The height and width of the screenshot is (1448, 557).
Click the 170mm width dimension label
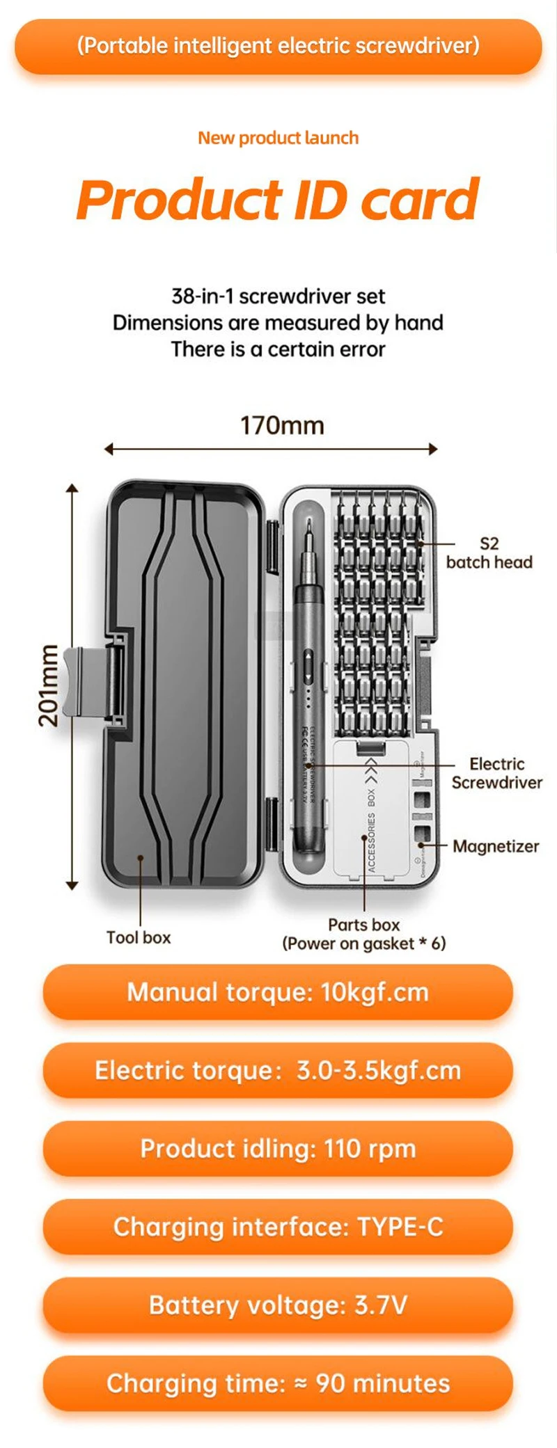[282, 425]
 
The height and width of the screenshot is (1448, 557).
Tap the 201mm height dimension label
[49, 685]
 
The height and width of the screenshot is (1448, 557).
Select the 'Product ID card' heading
[278, 200]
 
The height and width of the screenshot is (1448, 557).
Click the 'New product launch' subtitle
[278, 138]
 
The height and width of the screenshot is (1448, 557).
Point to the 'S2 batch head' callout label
[489, 553]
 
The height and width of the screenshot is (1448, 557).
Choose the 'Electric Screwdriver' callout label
[496, 773]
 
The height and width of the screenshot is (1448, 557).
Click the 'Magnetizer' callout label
[496, 846]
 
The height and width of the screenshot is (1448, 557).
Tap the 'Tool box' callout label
[139, 937]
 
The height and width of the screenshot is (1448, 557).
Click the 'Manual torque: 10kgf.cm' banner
[278, 992]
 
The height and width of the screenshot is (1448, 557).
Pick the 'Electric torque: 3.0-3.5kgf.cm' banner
[278, 1070]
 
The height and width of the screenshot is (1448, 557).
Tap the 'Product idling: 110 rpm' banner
[278, 1149]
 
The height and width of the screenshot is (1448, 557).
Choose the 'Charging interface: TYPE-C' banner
[278, 1227]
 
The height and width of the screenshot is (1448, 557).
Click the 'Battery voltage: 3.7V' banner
[278, 1305]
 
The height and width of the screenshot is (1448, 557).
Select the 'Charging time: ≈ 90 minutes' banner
[278, 1383]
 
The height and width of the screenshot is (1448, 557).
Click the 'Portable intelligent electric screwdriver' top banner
[278, 46]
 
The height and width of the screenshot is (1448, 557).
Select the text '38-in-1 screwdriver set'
[278, 296]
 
